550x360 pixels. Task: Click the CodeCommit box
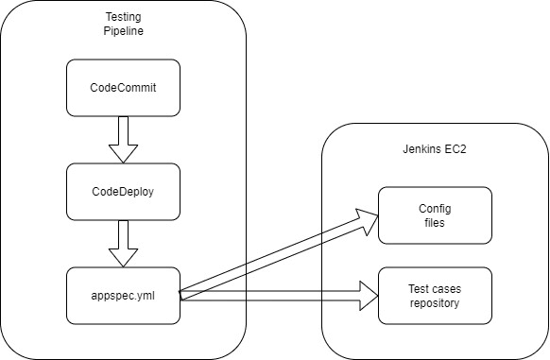[x=123, y=88]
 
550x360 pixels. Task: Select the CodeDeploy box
[x=123, y=191]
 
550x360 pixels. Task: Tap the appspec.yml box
[x=123, y=295]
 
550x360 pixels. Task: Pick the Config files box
[x=435, y=214]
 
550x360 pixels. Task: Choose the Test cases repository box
[x=435, y=296]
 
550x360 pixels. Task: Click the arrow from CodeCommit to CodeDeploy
[x=123, y=139]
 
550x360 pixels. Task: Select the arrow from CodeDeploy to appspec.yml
[x=123, y=243]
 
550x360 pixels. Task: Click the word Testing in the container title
[x=123, y=17]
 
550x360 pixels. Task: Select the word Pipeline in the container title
[x=123, y=31]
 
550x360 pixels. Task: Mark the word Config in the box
[x=435, y=208]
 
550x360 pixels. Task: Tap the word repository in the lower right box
[x=435, y=303]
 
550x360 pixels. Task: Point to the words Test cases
[x=435, y=289]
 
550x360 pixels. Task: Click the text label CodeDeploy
[x=123, y=191]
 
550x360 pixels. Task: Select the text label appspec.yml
[x=123, y=295]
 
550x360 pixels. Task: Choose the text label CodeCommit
[x=123, y=88]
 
